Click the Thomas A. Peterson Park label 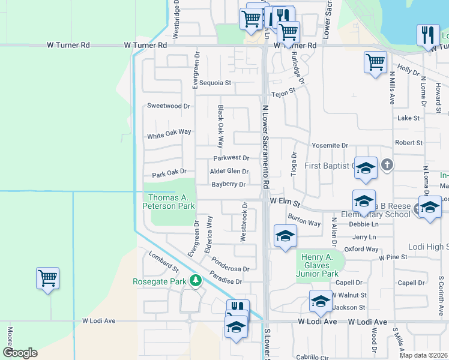(171, 202)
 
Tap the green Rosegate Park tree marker (195, 280)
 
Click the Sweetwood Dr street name (169, 106)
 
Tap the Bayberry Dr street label (228, 185)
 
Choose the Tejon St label (283, 93)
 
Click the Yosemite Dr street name (330, 146)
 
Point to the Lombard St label (164, 262)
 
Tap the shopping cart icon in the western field (47, 278)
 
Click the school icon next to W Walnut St (321, 301)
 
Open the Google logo (20, 353)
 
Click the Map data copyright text (423, 355)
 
